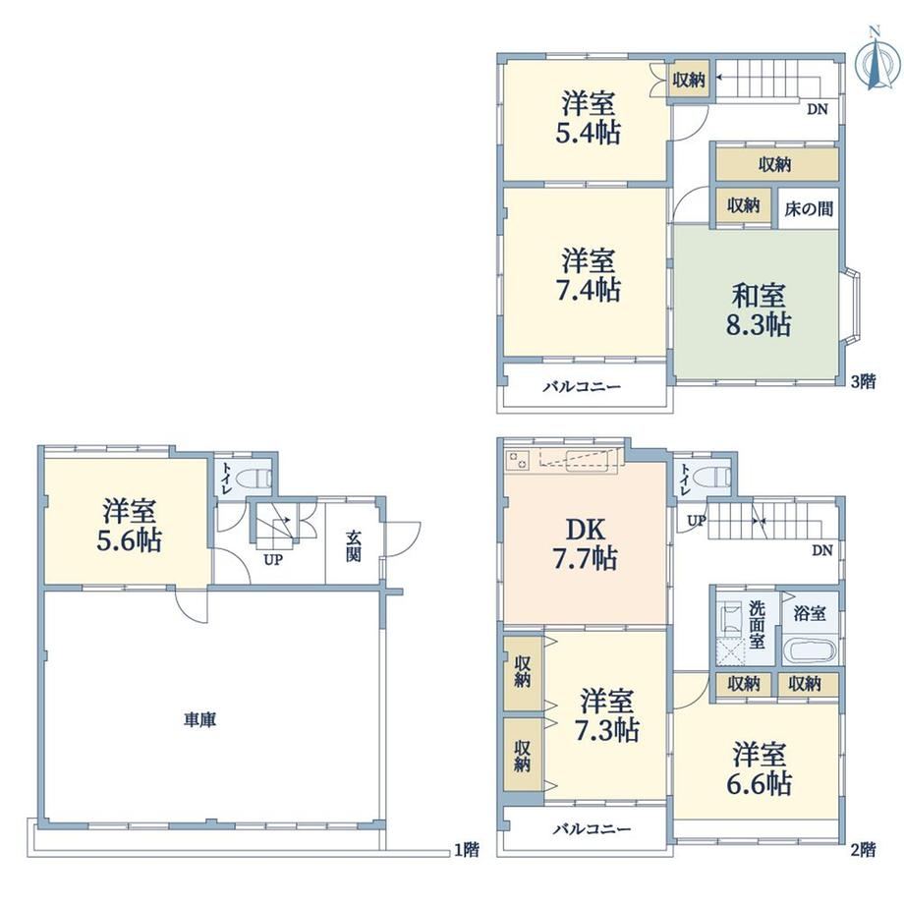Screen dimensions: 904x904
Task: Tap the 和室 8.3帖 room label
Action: click(759, 311)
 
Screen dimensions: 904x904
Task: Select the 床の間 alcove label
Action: click(809, 208)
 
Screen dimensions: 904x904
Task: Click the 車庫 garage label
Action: click(200, 719)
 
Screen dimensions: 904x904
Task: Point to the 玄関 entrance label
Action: click(354, 546)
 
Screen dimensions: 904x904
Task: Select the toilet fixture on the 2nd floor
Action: click(713, 478)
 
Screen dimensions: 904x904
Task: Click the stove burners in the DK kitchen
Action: click(518, 461)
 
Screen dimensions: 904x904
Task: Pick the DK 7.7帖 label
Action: click(586, 544)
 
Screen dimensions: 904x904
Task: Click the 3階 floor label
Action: click(864, 381)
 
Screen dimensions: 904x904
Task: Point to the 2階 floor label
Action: click(864, 849)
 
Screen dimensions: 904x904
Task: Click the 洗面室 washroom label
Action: click(757, 624)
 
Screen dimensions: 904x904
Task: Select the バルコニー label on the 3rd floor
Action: click(582, 386)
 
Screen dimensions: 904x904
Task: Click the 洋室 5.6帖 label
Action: click(129, 526)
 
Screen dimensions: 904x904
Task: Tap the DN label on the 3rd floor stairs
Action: click(817, 109)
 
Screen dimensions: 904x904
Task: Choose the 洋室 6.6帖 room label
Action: click(759, 768)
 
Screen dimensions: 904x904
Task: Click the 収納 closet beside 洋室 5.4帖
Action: click(689, 81)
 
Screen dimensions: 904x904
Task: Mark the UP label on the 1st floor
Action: click(273, 559)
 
